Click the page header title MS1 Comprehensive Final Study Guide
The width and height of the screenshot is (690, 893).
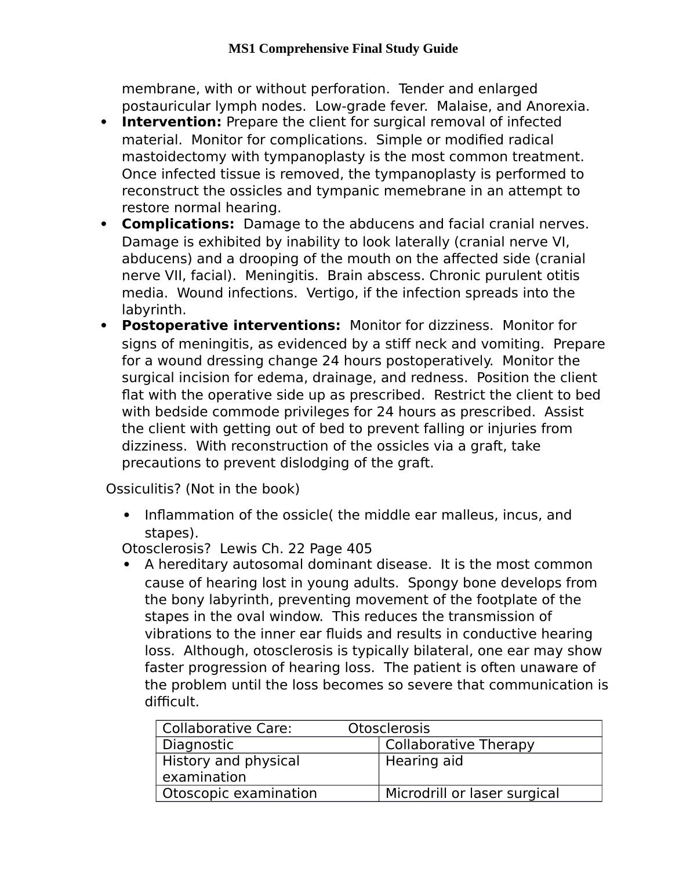pyautogui.click(x=343, y=49)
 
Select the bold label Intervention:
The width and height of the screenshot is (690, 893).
pyautogui.click(x=172, y=122)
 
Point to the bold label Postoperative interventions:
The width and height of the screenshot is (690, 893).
pyautogui.click(x=231, y=326)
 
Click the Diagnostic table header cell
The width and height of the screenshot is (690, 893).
pyautogui.click(x=198, y=745)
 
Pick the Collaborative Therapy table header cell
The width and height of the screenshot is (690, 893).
pyautogui.click(x=460, y=745)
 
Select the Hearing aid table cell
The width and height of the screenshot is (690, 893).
pyautogui.click(x=424, y=761)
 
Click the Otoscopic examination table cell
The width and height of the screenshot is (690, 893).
pyautogui.click(x=239, y=794)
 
